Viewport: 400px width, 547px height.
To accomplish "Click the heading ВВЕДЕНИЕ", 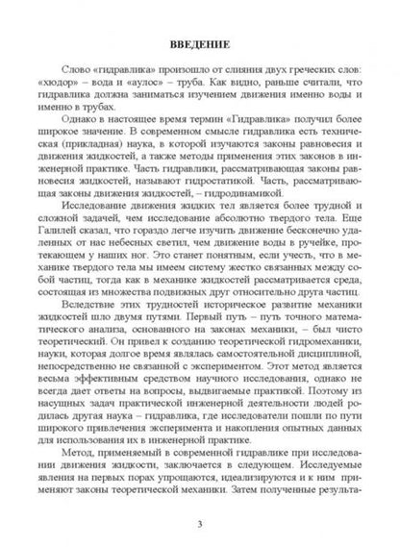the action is [x=199, y=43].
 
